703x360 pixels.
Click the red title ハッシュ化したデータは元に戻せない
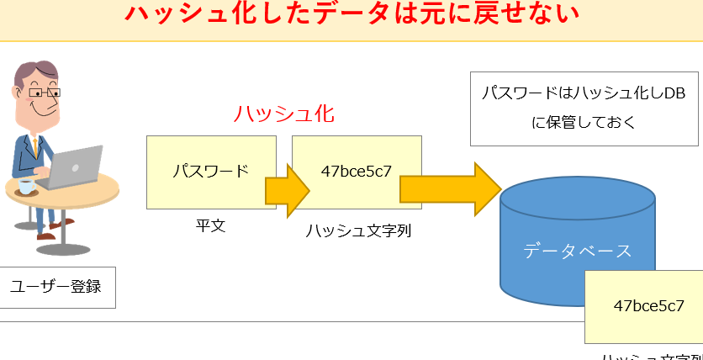click(351, 15)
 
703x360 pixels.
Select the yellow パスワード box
click(210, 171)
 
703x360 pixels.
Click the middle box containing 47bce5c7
click(357, 172)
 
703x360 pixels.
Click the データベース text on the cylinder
click(577, 250)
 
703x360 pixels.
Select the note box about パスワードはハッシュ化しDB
click(584, 108)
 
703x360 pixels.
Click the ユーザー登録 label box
click(56, 287)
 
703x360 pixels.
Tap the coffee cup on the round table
click(26, 186)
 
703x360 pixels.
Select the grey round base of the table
click(63, 249)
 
